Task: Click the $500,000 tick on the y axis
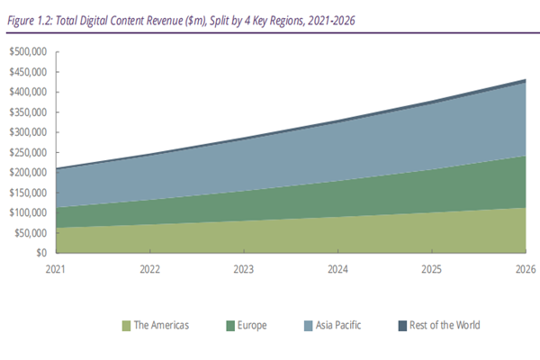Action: [29, 50]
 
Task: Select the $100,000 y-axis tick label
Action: [29, 212]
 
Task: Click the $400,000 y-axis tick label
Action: [29, 91]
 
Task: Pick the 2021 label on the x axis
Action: [57, 268]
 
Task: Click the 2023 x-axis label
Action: [244, 268]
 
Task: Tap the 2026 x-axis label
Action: [525, 268]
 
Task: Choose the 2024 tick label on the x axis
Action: [337, 268]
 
